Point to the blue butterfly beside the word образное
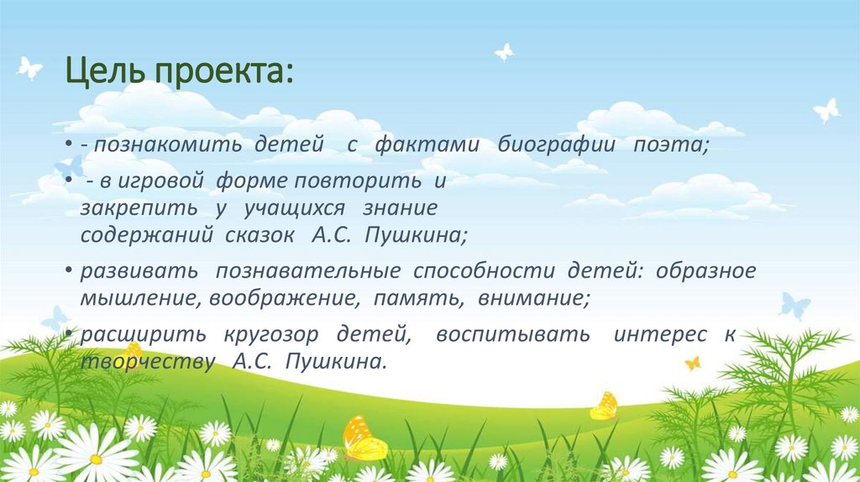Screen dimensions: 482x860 click(794, 304)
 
